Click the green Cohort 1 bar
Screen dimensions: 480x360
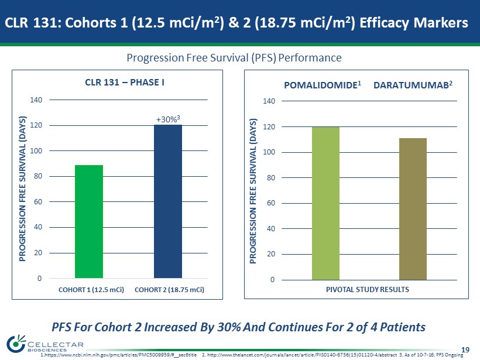89,221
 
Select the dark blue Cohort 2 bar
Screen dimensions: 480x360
168,201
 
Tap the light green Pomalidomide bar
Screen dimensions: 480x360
325,203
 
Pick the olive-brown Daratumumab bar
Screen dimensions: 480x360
413,209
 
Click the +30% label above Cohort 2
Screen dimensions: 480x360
168,119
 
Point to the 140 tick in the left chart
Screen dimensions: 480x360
36,100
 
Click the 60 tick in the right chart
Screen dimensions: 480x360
271,203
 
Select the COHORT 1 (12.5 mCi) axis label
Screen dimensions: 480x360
91,290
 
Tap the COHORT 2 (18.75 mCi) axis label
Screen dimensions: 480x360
169,290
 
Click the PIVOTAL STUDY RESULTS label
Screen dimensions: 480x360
368,289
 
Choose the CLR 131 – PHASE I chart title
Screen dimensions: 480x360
125,83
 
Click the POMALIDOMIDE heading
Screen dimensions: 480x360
323,85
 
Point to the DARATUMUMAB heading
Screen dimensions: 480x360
413,85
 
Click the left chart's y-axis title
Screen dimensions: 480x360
22,188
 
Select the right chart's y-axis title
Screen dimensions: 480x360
252,191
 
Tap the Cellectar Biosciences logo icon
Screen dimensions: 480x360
16,343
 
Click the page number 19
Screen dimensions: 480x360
465,349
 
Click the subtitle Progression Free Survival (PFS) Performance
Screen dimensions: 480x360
234,57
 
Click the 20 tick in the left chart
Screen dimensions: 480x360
38,253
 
